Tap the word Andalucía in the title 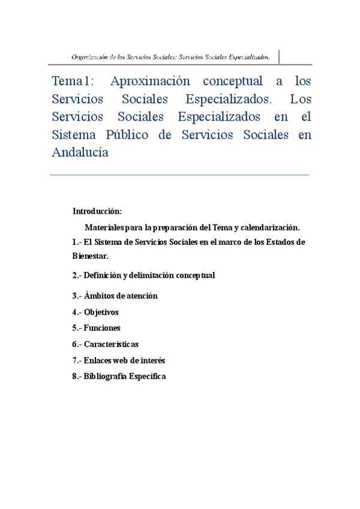point(80,152)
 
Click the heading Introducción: point(97,211)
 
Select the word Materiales point(105,228)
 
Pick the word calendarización point(269,228)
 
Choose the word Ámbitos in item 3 point(98,296)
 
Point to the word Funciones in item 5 point(102,328)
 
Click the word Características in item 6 point(111,345)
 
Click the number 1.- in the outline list point(76,242)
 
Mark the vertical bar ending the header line point(279,56)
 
